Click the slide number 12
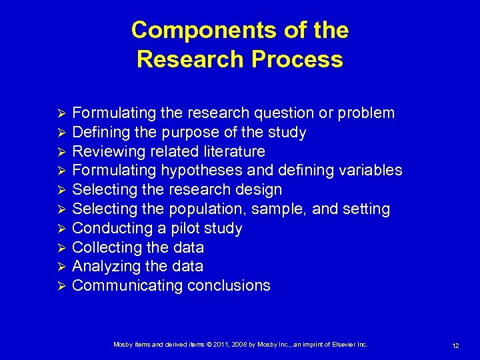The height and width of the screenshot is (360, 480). pos(455,345)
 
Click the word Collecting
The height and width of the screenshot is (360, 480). pos(105,247)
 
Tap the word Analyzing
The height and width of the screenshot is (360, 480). pos(104,267)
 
